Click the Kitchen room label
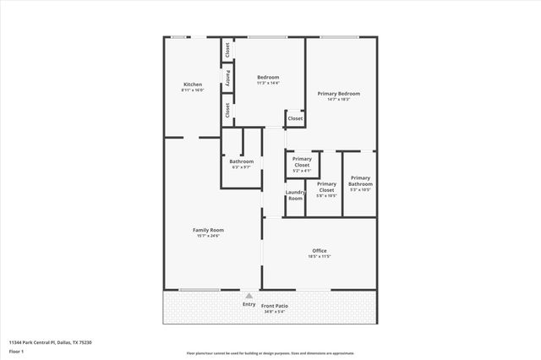pos(193,85)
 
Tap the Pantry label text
pos(227,77)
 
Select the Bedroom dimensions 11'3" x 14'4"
pos(268,83)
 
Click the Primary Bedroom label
pos(339,93)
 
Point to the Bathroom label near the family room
pos(242,161)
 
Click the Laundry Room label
pos(295,194)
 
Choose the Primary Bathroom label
pos(360,181)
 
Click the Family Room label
pos(207,230)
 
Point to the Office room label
pos(320,250)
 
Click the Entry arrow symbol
pos(249,296)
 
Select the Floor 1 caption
pos(16,351)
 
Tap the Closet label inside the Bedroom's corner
pos(295,118)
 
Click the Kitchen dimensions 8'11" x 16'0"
pos(193,90)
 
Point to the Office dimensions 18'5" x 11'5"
pos(320,256)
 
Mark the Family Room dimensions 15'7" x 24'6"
pos(207,236)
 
